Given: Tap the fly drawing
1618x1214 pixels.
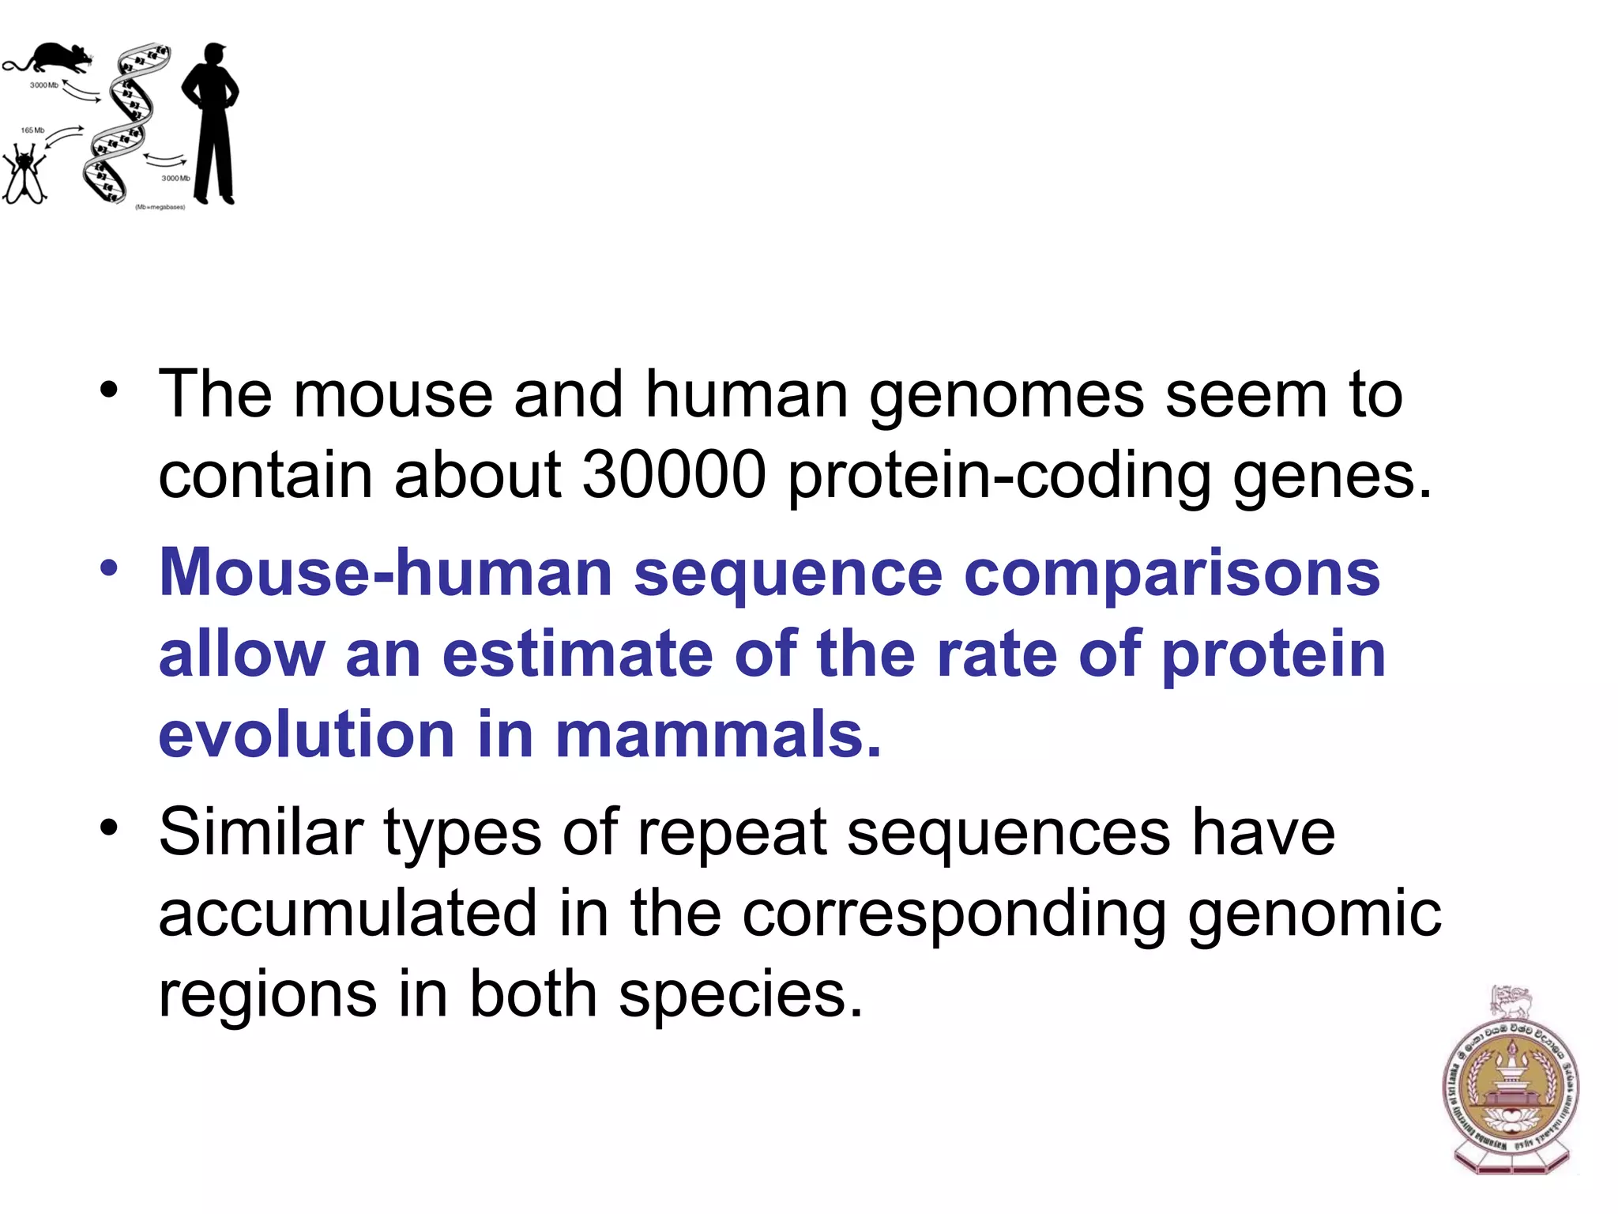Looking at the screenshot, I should coord(24,174).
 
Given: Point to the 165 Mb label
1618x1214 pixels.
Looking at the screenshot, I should coord(32,130).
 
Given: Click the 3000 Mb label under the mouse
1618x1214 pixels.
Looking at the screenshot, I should coord(43,85).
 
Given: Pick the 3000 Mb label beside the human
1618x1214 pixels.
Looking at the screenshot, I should coord(175,179).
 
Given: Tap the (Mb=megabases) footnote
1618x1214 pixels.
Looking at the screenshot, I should coord(160,207).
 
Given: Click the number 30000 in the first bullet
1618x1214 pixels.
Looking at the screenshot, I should coord(674,476).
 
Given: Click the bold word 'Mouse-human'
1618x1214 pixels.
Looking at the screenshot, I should coord(386,572).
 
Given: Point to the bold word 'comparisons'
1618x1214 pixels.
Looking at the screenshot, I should coord(1172,574).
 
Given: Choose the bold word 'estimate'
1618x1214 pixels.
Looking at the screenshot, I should coord(578,654).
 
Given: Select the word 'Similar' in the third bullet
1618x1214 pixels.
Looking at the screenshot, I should coord(261,832).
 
